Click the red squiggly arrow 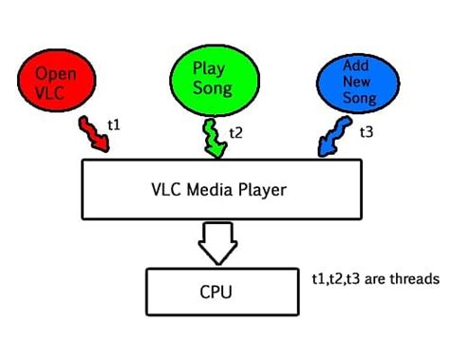coord(94,136)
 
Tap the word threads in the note coord(416,279)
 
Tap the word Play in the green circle coord(208,68)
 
